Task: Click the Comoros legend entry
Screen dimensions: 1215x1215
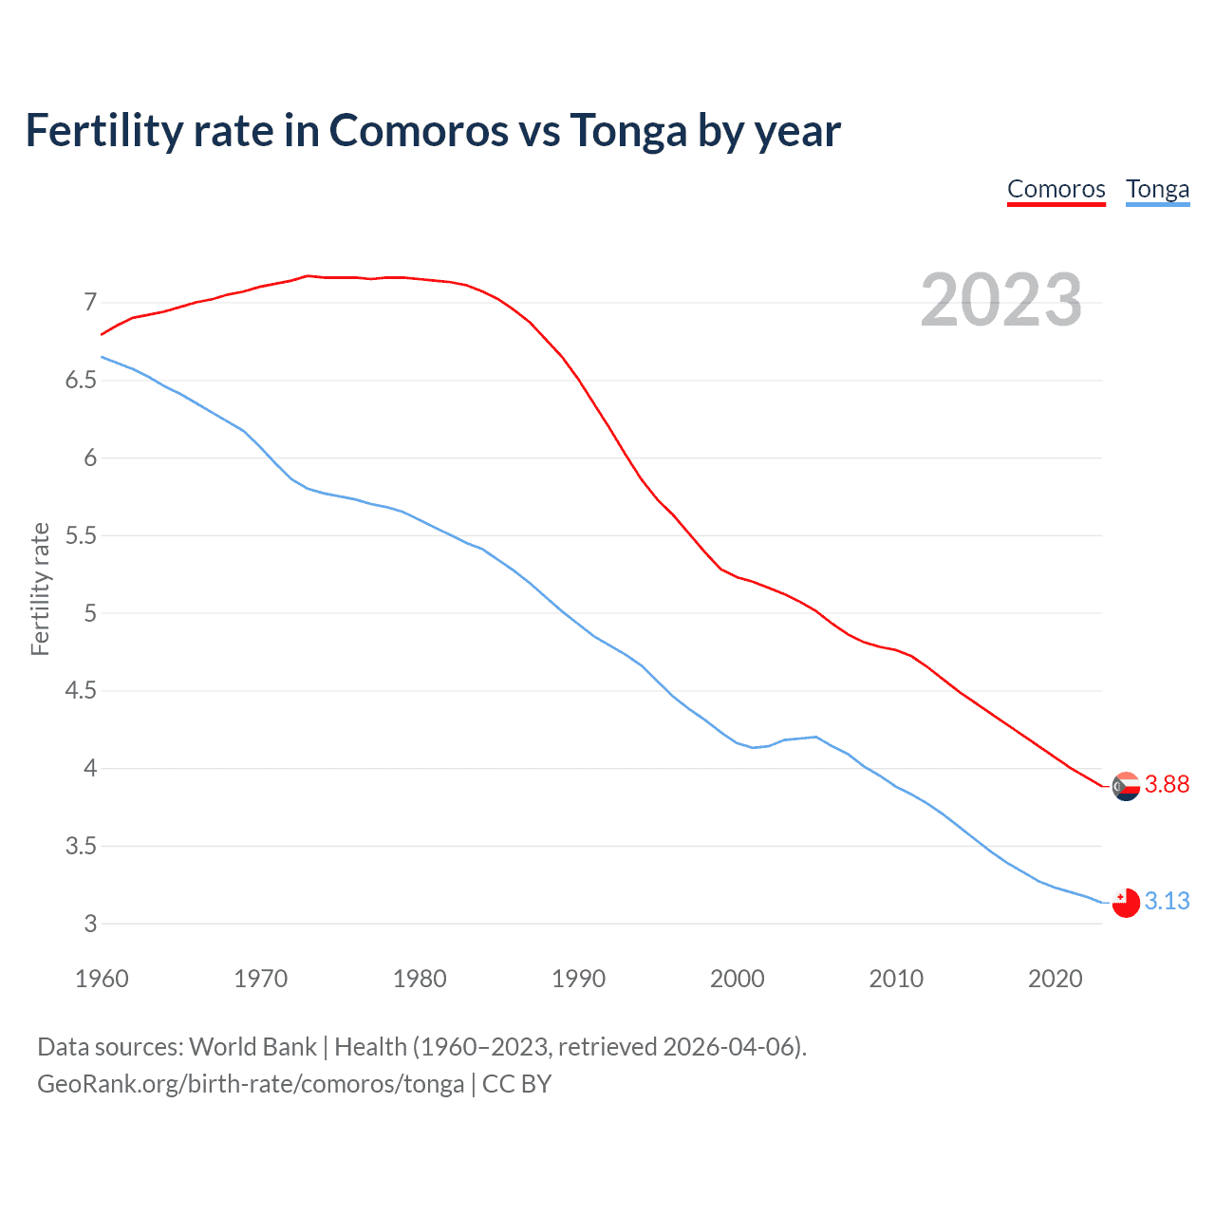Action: click(1056, 189)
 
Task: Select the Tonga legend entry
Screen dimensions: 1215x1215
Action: click(1157, 189)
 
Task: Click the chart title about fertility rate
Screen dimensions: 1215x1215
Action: click(433, 130)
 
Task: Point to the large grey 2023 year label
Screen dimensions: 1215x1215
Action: click(1000, 300)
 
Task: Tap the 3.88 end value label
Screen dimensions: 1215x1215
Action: click(1167, 784)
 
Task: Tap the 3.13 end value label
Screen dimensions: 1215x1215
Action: click(1167, 901)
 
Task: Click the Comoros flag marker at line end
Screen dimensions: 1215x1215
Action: click(1126, 786)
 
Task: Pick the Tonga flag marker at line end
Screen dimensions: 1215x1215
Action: click(1126, 903)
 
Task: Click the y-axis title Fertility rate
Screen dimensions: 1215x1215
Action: click(40, 589)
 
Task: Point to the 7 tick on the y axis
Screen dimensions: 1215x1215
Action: click(90, 303)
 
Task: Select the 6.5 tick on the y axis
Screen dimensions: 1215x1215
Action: click(81, 381)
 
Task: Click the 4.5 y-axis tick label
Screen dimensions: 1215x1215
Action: click(81, 691)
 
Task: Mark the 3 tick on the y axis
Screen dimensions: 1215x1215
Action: click(90, 924)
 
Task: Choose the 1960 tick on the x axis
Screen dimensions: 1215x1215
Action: click(102, 979)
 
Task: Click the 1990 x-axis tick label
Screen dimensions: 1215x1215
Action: click(578, 979)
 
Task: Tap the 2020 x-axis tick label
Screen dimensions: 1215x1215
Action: click(1055, 979)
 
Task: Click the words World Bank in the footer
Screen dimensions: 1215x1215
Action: click(252, 1047)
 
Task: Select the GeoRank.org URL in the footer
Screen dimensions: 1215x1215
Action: click(251, 1084)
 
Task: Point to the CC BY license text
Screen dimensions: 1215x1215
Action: click(516, 1084)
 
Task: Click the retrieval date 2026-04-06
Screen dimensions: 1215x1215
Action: click(727, 1047)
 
